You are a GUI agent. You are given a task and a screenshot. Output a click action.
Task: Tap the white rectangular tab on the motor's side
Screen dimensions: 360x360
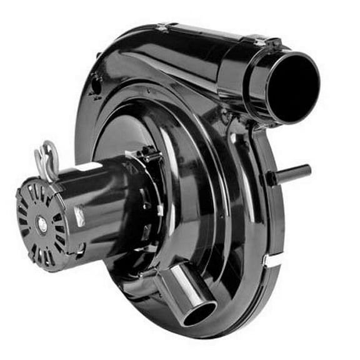80,216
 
